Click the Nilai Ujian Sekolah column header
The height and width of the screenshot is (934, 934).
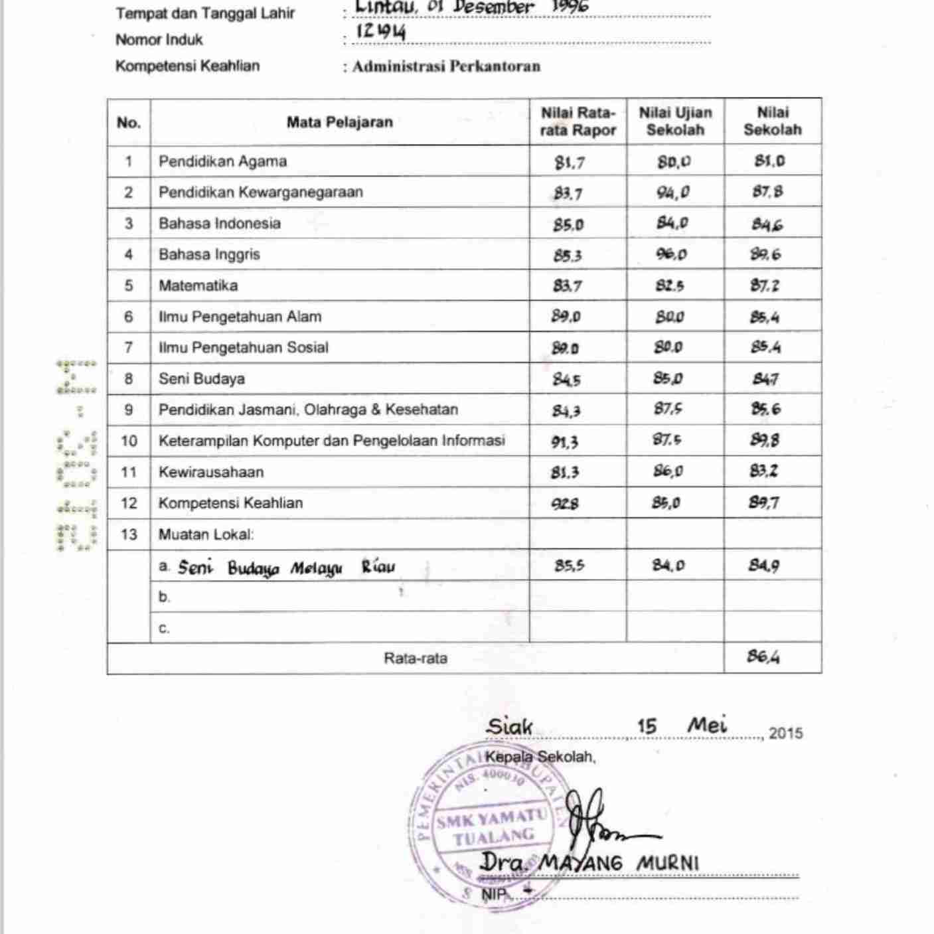[x=675, y=121]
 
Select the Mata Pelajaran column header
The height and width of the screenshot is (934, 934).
[x=339, y=122]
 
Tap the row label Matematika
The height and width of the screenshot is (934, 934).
[x=198, y=285]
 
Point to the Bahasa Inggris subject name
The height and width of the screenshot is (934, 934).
[x=209, y=254]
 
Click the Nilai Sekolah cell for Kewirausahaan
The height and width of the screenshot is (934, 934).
[x=764, y=471]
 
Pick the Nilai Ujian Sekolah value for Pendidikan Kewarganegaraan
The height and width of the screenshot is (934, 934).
[x=673, y=193]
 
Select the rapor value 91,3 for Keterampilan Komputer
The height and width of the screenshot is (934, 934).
[x=565, y=441]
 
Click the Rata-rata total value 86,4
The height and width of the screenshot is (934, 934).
[x=763, y=657]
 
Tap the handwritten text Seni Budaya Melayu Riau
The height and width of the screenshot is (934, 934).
[x=286, y=568]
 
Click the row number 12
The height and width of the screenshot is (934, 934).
[x=129, y=503]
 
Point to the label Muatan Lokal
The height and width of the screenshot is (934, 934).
[x=206, y=534]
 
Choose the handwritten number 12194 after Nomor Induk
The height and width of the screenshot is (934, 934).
[x=380, y=32]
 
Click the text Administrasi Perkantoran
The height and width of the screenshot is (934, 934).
[x=446, y=66]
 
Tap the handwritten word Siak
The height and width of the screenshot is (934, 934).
[x=509, y=726]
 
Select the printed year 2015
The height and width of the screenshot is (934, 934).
[x=786, y=734]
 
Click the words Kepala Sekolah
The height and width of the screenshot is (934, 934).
[x=540, y=757]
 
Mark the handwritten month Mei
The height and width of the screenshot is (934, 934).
[x=707, y=724]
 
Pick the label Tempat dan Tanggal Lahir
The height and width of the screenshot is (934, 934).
[x=205, y=13]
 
